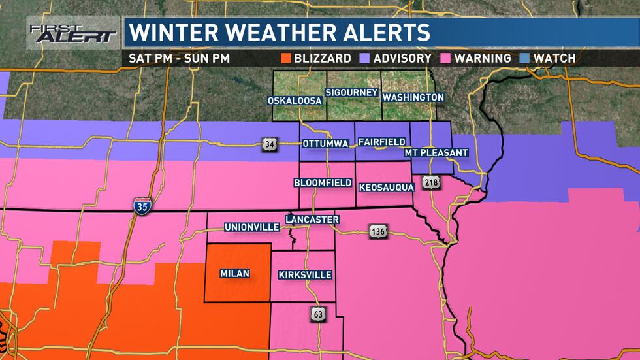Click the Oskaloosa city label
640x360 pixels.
pos(294,101)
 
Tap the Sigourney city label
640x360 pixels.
pos(352,92)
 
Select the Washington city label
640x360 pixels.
pos(413,97)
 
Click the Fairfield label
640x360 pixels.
pos(381,142)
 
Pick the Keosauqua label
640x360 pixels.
pos(387,188)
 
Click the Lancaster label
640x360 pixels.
pos(312,220)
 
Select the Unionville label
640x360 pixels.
pos(251,227)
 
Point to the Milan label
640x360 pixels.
pos(234,274)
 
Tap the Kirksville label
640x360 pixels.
pos(305,275)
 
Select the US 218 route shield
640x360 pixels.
pos(430,182)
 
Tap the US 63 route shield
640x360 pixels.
pos(317,316)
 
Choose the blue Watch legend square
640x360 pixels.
pos(523,58)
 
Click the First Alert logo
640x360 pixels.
pos(72,33)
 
